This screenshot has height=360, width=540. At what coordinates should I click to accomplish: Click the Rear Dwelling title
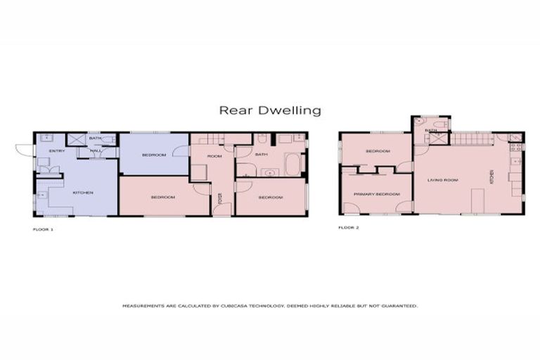tap(270, 110)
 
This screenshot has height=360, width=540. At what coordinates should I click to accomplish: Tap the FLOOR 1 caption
tap(43, 229)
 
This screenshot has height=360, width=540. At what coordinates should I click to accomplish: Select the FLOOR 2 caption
tap(349, 228)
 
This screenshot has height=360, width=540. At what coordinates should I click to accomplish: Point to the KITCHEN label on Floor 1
tap(83, 192)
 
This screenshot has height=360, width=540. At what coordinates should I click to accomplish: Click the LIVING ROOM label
tap(443, 180)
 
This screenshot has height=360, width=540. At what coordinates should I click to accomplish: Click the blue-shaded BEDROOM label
tap(153, 155)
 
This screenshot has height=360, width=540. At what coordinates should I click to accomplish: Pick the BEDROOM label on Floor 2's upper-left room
tap(377, 151)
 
